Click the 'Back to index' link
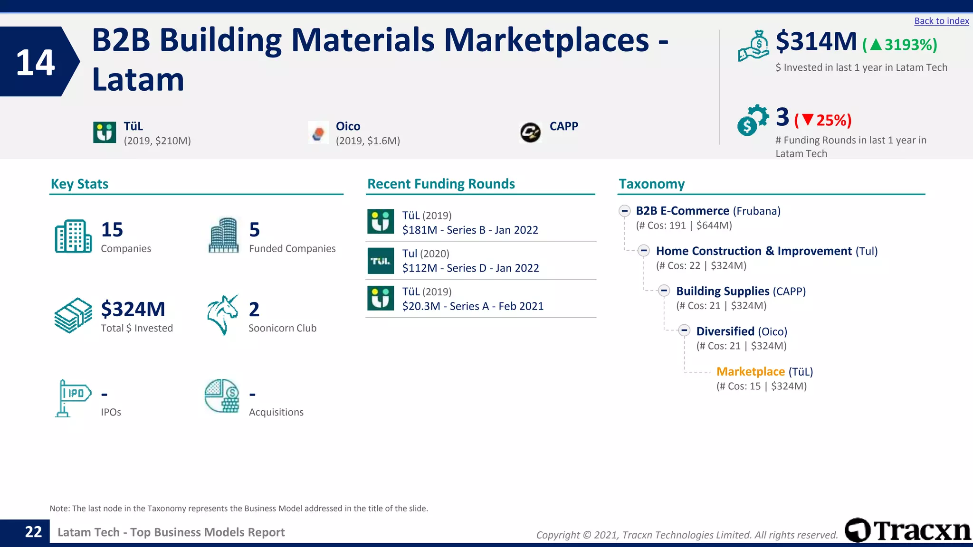point(941,21)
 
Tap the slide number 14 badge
point(36,62)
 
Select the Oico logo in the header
point(318,132)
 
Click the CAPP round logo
point(530,132)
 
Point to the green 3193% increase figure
point(900,45)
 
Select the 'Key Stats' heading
point(79,184)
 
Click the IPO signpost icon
point(72,397)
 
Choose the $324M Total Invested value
point(133,309)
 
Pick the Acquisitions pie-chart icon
point(222,396)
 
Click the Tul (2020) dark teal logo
point(381,261)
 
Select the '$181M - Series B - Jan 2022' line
point(470,230)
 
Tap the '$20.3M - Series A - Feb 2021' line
point(473,306)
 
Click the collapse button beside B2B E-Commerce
point(625,211)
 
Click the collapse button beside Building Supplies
point(664,291)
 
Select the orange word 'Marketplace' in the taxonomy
point(750,371)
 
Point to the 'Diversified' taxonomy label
point(725,331)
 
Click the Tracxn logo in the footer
point(907,530)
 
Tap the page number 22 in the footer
point(33,532)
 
